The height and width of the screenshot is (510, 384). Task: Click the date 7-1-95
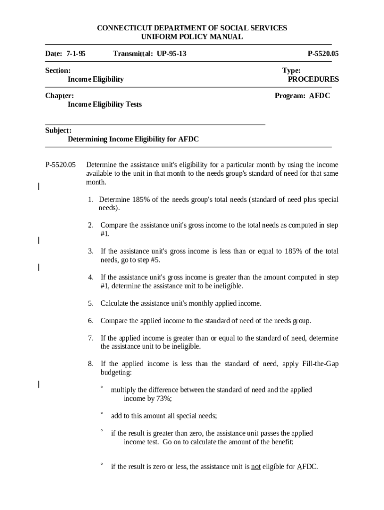coord(75,53)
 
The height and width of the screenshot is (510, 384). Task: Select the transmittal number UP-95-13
coord(172,53)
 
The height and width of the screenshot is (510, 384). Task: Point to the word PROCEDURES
coord(313,79)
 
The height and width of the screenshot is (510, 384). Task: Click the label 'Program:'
coord(289,96)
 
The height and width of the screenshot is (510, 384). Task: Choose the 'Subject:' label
coord(58,130)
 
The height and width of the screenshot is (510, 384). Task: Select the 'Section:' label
coord(58,71)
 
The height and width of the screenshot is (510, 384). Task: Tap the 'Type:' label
coord(291,71)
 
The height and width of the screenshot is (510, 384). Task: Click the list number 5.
coord(91,303)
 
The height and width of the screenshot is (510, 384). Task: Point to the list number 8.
coord(91,364)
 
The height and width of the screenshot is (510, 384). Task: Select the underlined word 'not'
coord(255,467)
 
